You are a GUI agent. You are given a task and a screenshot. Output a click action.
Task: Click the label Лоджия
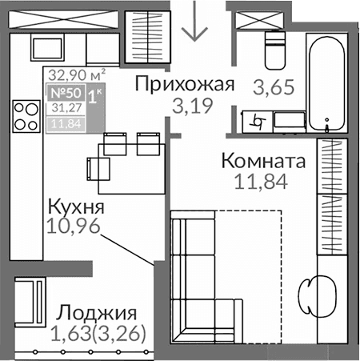tap(98, 313)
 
